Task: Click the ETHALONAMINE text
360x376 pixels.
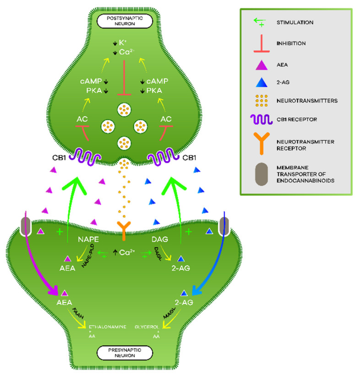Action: pos(106,327)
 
